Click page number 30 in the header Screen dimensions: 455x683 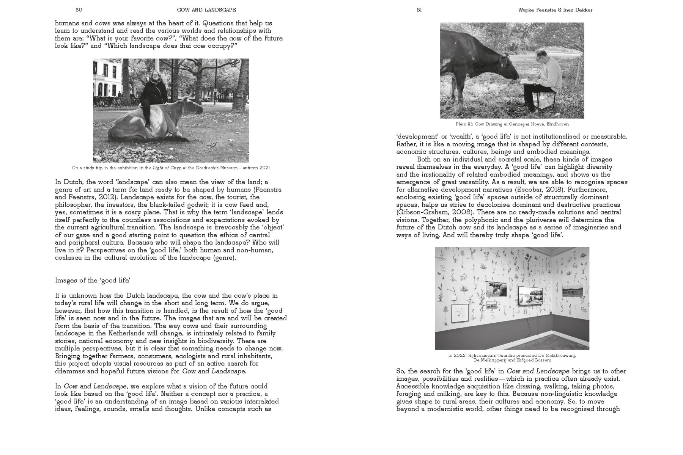click(79, 10)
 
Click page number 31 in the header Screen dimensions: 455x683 click(419, 10)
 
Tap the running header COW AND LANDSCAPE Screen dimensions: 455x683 click(206, 10)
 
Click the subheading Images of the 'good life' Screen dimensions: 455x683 click(93, 281)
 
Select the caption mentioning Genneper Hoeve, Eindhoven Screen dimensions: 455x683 click(512, 124)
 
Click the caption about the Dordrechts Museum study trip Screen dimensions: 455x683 click(171, 168)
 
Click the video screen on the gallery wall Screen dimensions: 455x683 click(530, 296)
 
